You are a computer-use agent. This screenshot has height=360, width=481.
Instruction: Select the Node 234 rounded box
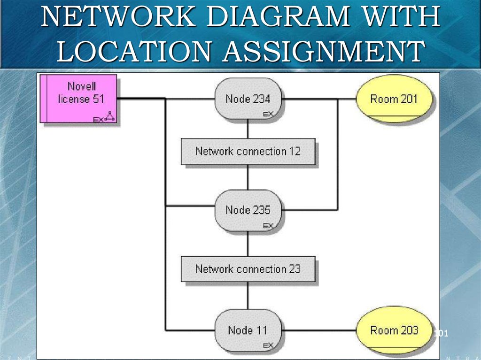pos(248,99)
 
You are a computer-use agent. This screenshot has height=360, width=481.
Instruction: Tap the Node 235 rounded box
pos(248,210)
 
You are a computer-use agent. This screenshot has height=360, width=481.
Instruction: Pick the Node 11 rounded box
pos(248,330)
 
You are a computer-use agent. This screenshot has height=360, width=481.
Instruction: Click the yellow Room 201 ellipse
pos(394,99)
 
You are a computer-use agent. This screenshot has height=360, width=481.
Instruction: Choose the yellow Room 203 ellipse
pos(394,330)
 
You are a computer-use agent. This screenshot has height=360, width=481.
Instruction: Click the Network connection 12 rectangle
pos(248,152)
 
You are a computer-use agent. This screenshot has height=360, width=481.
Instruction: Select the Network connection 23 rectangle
pos(248,269)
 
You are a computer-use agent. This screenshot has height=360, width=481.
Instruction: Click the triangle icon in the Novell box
pos(109,116)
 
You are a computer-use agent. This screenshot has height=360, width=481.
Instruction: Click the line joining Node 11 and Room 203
pos(319,330)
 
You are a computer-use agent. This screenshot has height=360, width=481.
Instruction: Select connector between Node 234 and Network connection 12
pos(248,129)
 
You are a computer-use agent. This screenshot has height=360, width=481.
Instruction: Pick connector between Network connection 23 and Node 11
pos(248,296)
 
